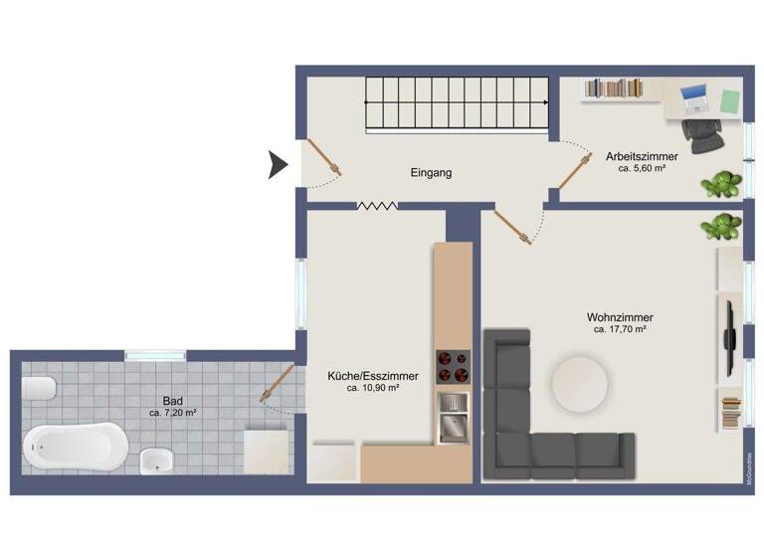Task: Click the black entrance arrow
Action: pyautogui.click(x=279, y=164)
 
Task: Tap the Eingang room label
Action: pyautogui.click(x=431, y=173)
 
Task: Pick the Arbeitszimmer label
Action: pyautogui.click(x=642, y=156)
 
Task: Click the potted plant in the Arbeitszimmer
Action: pyautogui.click(x=721, y=184)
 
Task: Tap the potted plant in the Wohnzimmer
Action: pyautogui.click(x=721, y=227)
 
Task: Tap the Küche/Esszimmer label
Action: pyautogui.click(x=373, y=376)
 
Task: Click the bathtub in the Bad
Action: pyautogui.click(x=74, y=447)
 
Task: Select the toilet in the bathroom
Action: pyautogui.click(x=38, y=389)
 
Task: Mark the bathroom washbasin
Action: pyautogui.click(x=156, y=461)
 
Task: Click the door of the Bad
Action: pyautogui.click(x=277, y=384)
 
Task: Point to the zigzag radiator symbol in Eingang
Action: pyautogui.click(x=377, y=206)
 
